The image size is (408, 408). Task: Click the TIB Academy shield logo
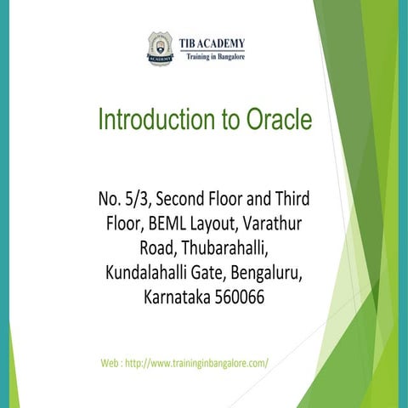pyautogui.click(x=159, y=49)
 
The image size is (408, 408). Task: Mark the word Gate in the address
pyautogui.click(x=219, y=275)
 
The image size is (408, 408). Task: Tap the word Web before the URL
pyautogui.click(x=110, y=362)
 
